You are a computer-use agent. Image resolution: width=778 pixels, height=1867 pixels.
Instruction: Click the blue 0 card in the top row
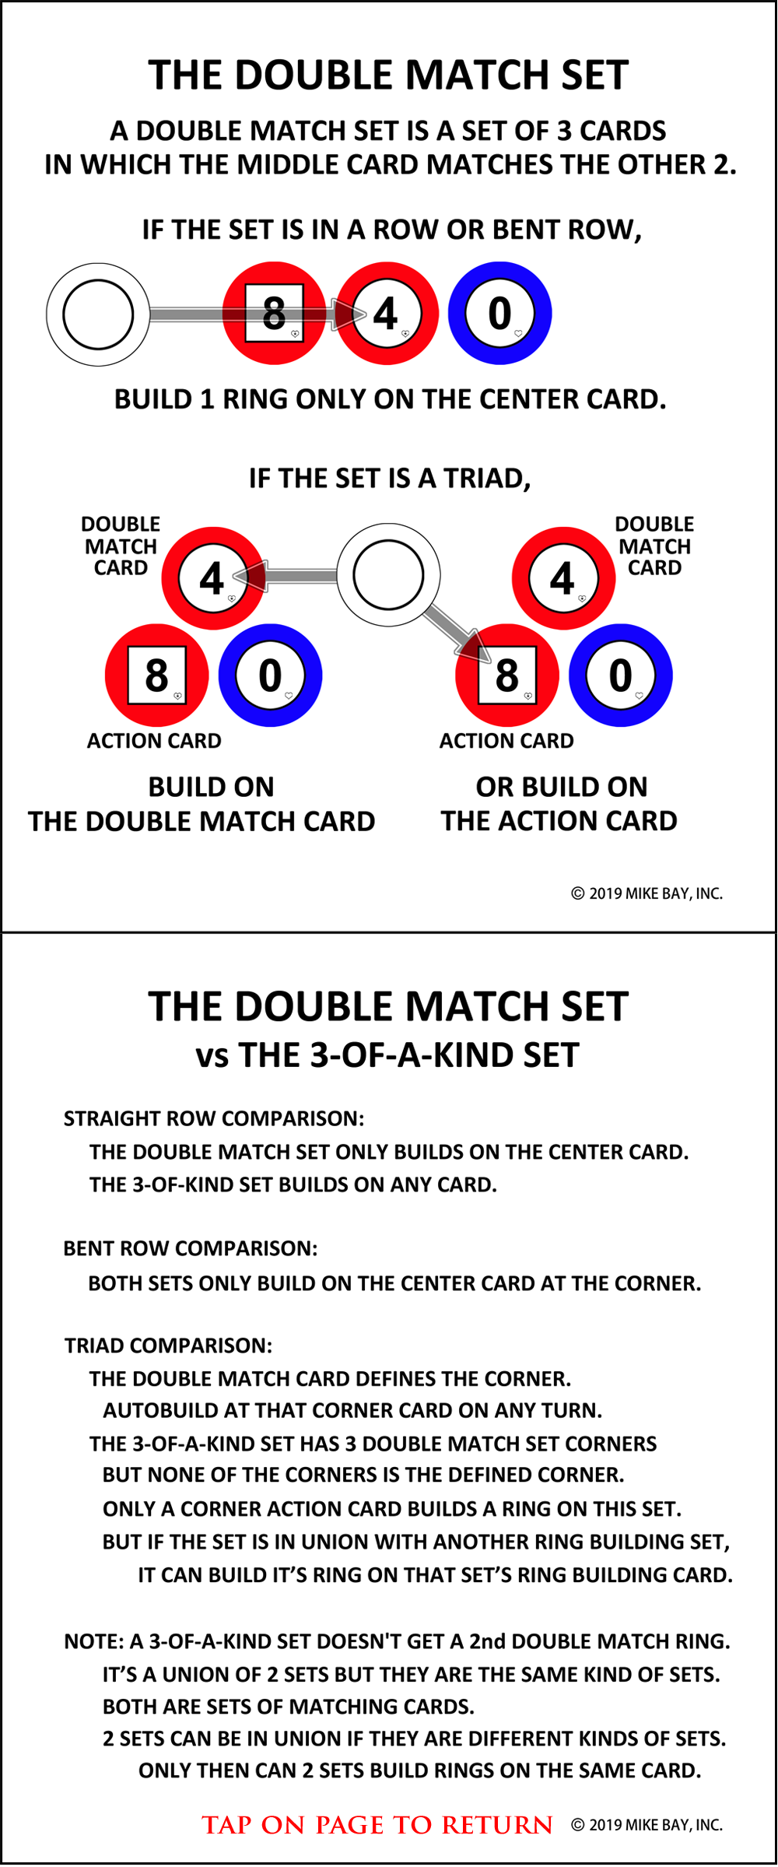(500, 314)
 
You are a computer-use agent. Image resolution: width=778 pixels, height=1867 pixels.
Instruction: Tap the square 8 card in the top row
(274, 314)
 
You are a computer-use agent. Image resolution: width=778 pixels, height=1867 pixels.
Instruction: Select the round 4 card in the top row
(387, 314)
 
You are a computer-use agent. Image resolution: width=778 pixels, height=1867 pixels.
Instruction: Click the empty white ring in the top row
(98, 314)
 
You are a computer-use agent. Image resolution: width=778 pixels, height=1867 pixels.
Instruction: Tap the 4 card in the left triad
(212, 578)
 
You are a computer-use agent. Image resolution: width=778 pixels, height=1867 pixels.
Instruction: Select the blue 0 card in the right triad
(620, 676)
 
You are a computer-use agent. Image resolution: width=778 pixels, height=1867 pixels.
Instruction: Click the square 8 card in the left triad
(156, 676)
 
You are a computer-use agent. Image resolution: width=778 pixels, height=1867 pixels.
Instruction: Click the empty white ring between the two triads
(388, 575)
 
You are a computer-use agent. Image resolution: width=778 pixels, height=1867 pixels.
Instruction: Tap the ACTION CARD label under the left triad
(154, 741)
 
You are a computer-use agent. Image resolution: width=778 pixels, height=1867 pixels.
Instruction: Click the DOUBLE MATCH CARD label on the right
(654, 546)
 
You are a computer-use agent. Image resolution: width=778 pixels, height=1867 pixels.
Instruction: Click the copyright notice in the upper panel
(647, 893)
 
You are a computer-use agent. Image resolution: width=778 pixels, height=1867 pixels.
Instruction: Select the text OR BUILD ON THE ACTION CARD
(560, 804)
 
